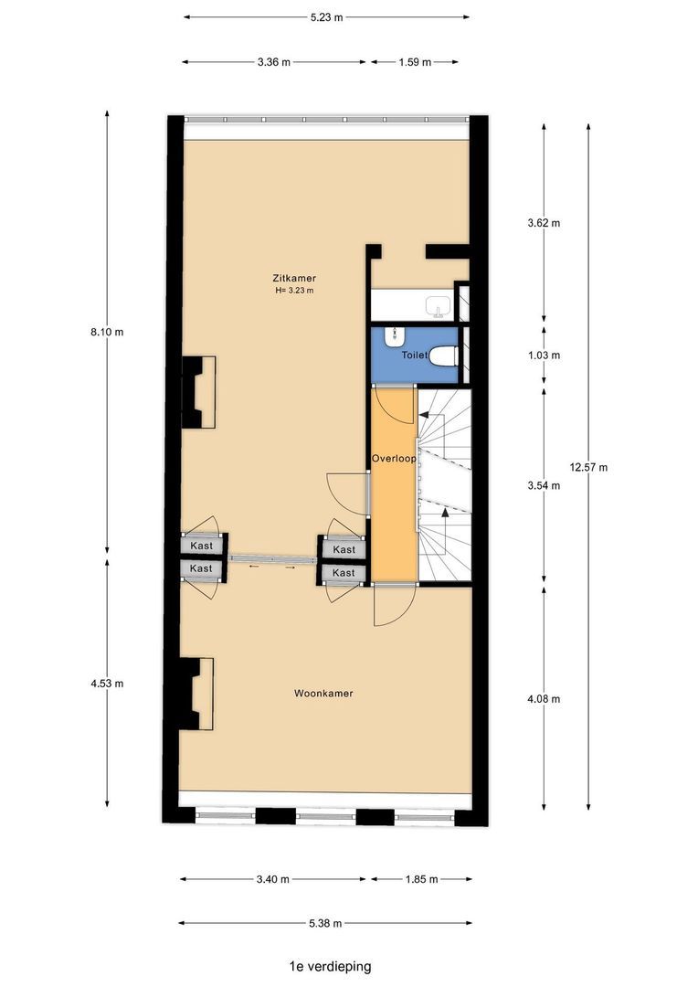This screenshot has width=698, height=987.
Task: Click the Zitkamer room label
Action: [x=294, y=278]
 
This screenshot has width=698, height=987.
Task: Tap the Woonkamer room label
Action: [x=323, y=694]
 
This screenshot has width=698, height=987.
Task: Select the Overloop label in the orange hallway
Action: [x=394, y=457]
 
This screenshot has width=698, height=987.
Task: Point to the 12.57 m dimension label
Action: [x=588, y=467]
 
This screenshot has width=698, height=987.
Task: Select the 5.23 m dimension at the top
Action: [x=326, y=16]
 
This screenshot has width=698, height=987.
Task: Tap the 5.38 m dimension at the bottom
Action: [x=324, y=923]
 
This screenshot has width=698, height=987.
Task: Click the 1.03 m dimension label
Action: [x=544, y=355]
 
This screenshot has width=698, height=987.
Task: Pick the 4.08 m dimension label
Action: [x=544, y=699]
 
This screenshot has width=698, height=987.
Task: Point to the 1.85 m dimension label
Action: [x=421, y=879]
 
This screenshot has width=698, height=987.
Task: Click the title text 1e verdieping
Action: [x=326, y=965]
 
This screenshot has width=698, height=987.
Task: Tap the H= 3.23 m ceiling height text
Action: [x=294, y=291]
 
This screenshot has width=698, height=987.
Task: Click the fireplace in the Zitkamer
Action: [x=198, y=392]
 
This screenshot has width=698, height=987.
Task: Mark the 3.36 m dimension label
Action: [x=273, y=62]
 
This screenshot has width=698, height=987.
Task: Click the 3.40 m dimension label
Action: [x=273, y=879]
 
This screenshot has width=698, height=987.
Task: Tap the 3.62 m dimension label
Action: [x=544, y=223]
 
